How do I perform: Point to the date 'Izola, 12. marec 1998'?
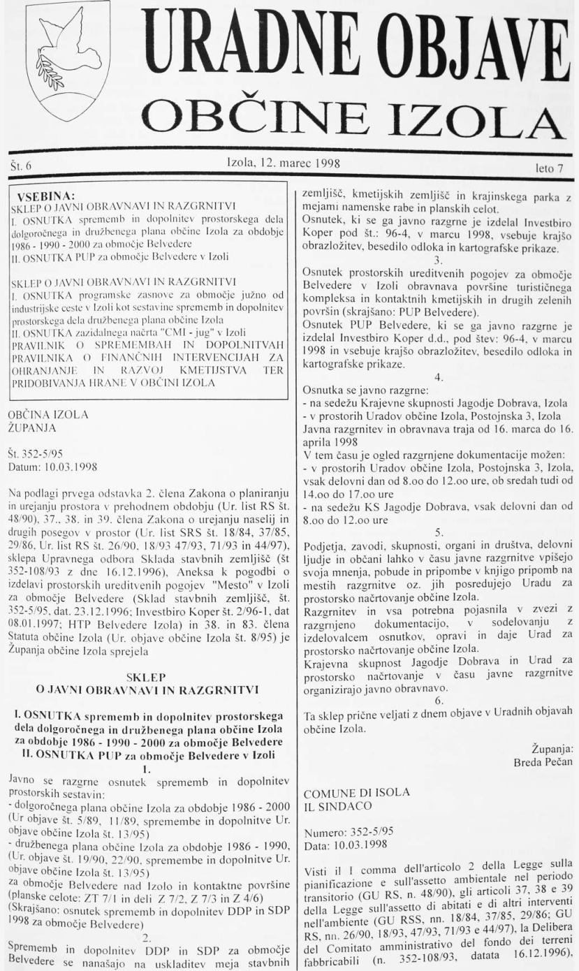[284, 164]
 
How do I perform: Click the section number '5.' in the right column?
[438, 532]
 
